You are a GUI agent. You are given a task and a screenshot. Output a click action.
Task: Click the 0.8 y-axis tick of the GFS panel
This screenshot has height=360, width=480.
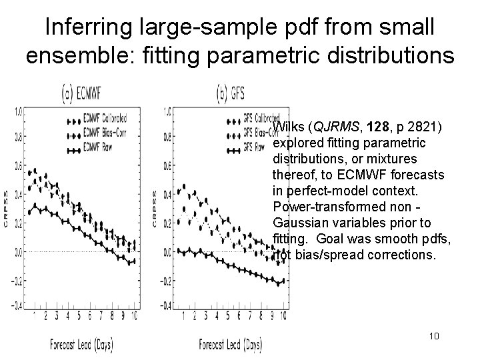(168, 139)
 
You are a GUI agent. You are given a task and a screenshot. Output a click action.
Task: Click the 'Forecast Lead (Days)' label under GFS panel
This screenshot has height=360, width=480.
(230, 345)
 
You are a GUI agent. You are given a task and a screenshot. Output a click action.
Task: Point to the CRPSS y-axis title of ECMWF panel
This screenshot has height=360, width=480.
(7, 209)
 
